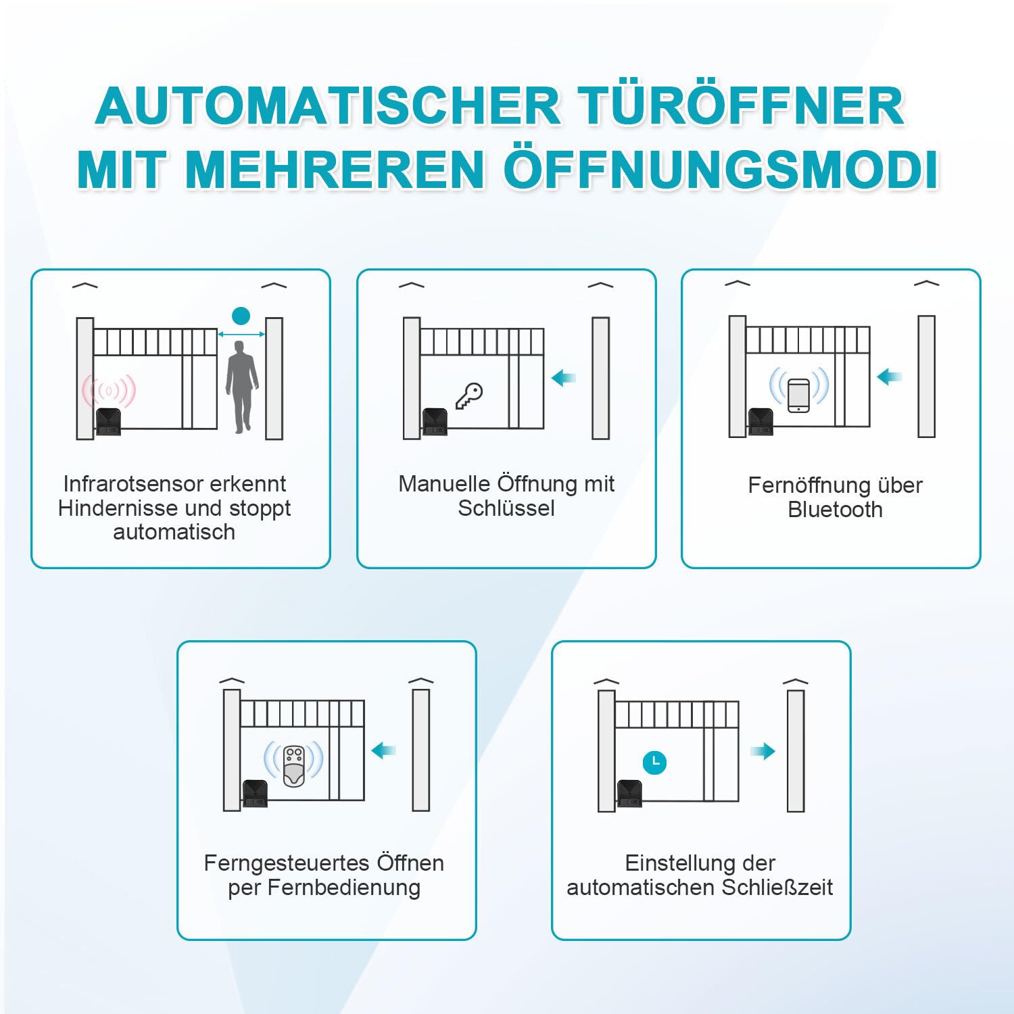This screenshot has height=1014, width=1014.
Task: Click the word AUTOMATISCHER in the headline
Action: point(329,106)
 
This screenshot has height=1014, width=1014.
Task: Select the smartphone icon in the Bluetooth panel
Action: point(798,394)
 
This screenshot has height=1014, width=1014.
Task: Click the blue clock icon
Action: point(654,762)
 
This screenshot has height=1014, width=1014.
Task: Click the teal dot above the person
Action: point(241,315)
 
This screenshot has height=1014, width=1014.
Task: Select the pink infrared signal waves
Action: point(109,391)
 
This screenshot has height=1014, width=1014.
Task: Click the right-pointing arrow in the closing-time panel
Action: point(763,751)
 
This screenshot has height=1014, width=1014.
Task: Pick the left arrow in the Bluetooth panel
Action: point(889,377)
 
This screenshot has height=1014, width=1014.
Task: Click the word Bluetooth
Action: point(835,510)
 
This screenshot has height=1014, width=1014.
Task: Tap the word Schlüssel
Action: point(506,508)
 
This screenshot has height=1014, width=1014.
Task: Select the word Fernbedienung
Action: point(343,888)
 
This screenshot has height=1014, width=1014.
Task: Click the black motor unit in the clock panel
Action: point(629,793)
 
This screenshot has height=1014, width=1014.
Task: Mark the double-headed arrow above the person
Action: point(241,333)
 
